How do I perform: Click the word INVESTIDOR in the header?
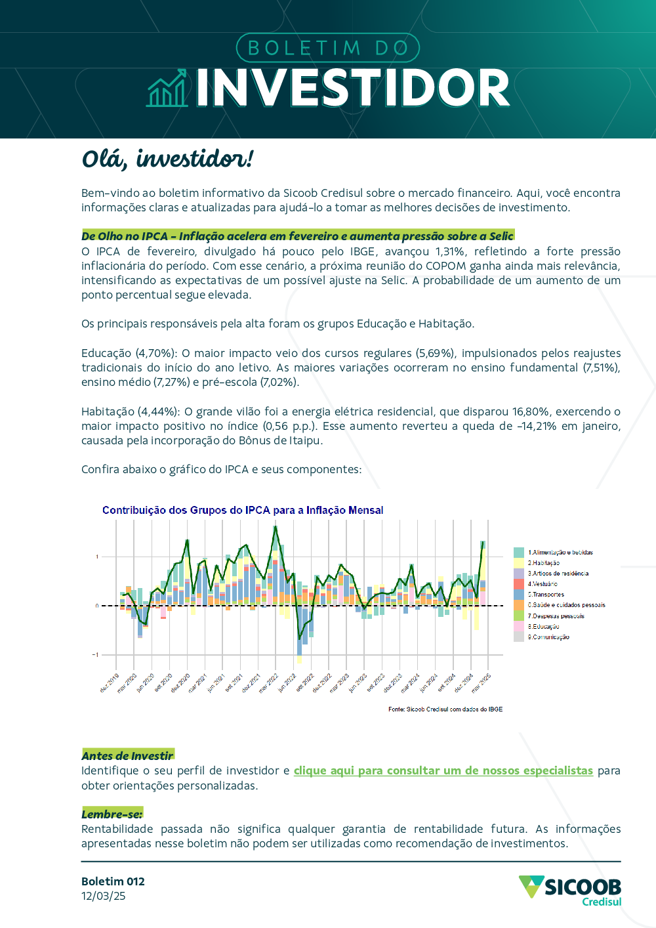tap(353, 88)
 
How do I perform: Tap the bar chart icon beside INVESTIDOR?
tap(167, 90)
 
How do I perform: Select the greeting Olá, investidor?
tap(167, 159)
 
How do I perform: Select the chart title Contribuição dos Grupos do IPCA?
tap(243, 510)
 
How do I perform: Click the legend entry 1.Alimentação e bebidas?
tap(560, 553)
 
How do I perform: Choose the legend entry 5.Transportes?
tap(546, 595)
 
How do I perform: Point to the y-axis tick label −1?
tap(96, 655)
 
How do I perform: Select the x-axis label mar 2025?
tap(482, 683)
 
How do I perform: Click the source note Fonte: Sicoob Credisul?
tap(445, 709)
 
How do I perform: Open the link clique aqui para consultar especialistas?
tap(443, 770)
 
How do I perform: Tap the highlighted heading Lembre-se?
tap(112, 814)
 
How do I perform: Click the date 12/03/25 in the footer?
tap(104, 896)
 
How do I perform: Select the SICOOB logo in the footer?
tap(570, 890)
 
